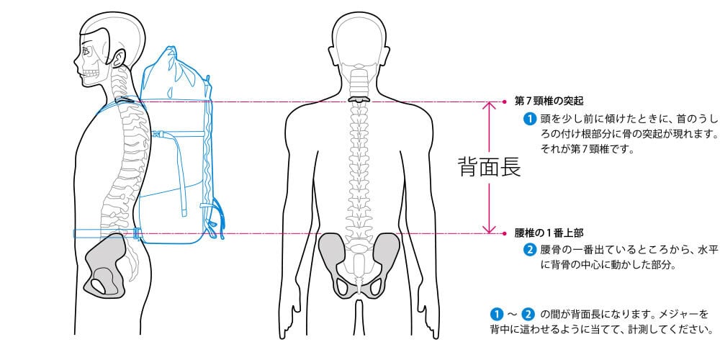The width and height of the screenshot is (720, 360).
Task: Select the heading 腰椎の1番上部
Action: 549,233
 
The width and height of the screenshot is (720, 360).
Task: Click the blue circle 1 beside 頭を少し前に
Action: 529,117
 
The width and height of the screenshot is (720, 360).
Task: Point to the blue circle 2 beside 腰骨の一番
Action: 529,251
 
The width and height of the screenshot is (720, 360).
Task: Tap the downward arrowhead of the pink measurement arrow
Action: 490,229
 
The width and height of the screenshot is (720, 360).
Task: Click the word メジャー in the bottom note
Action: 675,315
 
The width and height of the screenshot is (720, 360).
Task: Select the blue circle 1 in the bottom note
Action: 495,315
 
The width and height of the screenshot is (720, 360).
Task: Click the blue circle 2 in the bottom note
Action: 528,315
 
